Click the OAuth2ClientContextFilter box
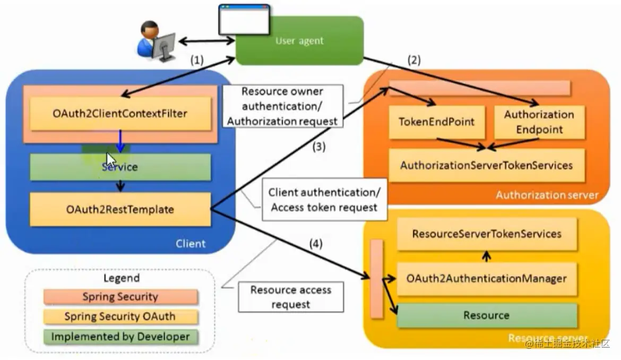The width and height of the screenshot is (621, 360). point(120,113)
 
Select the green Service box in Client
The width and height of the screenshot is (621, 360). point(120,167)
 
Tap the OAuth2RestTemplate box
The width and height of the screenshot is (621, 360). point(120,209)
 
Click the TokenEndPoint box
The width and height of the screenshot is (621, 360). point(436,122)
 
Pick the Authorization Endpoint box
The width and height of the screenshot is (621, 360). point(539,122)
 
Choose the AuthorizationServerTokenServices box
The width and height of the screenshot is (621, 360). point(486,165)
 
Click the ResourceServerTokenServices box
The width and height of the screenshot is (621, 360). point(486,234)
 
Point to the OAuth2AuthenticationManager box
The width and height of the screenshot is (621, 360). point(486,278)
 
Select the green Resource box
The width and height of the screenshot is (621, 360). point(486,315)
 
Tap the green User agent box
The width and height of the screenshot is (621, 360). point(300,41)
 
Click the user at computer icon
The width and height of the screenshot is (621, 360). point(156,40)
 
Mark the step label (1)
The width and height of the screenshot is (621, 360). point(197,61)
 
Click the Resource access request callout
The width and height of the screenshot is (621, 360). point(290,297)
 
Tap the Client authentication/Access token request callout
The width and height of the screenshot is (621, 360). point(324,200)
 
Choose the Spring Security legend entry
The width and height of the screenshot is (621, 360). point(120,297)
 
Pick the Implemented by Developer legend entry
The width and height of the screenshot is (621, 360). point(120,336)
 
